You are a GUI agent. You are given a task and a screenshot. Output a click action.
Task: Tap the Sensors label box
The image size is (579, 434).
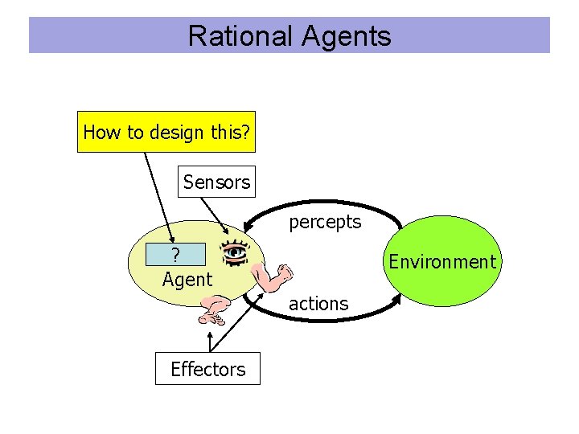tap(216, 182)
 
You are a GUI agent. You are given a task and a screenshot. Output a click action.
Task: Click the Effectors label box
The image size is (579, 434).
tap(207, 369)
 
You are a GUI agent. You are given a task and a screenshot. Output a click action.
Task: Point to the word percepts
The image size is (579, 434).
tap(325, 222)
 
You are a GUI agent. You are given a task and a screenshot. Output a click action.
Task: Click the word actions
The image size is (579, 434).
tap(318, 304)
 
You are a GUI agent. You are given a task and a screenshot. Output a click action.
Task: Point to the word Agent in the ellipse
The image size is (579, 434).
tap(187, 280)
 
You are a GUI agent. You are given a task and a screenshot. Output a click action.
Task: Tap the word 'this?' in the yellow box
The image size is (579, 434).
tap(232, 132)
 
